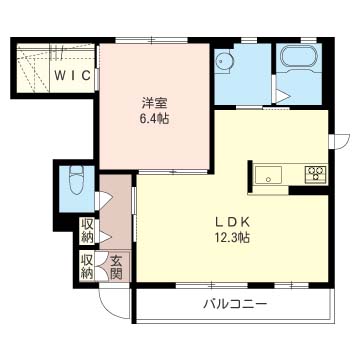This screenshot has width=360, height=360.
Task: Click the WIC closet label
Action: pos(73,76)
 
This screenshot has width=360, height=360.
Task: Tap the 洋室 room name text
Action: pos(154,103)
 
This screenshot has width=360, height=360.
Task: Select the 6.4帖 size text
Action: pos(154,118)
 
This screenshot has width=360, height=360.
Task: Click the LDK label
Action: pos(232,222)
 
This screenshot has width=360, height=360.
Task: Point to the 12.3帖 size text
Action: pos(232,237)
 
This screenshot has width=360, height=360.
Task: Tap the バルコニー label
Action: pos(235,304)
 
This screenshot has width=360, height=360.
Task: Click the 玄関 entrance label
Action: pos(116,267)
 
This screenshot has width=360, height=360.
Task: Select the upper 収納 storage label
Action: pos(87,231)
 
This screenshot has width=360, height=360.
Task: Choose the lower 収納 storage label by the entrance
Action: pos(87,267)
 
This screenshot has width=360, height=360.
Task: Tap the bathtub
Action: pos(298,56)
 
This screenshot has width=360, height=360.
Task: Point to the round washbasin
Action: pos(222,61)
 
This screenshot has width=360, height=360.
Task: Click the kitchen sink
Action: pos(268,175)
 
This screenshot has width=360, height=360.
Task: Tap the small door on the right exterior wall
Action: pos(339,141)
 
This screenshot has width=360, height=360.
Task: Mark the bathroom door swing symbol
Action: pos(282,97)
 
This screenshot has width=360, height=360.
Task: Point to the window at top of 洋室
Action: pos(152,40)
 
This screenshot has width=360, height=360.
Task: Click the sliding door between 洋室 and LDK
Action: pos(173,172)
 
